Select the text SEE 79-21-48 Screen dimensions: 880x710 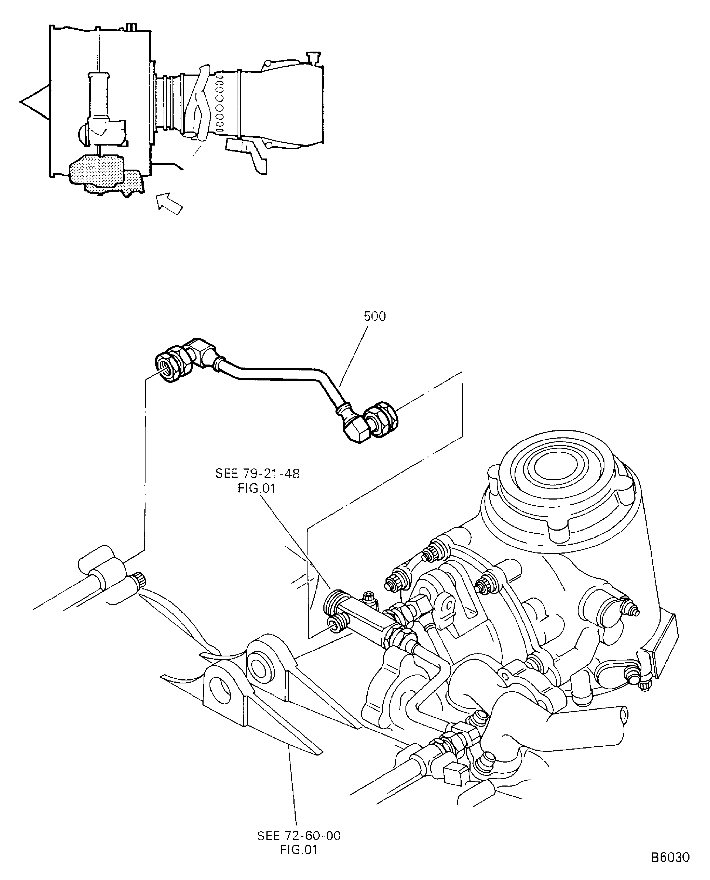257,474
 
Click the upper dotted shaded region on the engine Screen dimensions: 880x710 97,168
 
